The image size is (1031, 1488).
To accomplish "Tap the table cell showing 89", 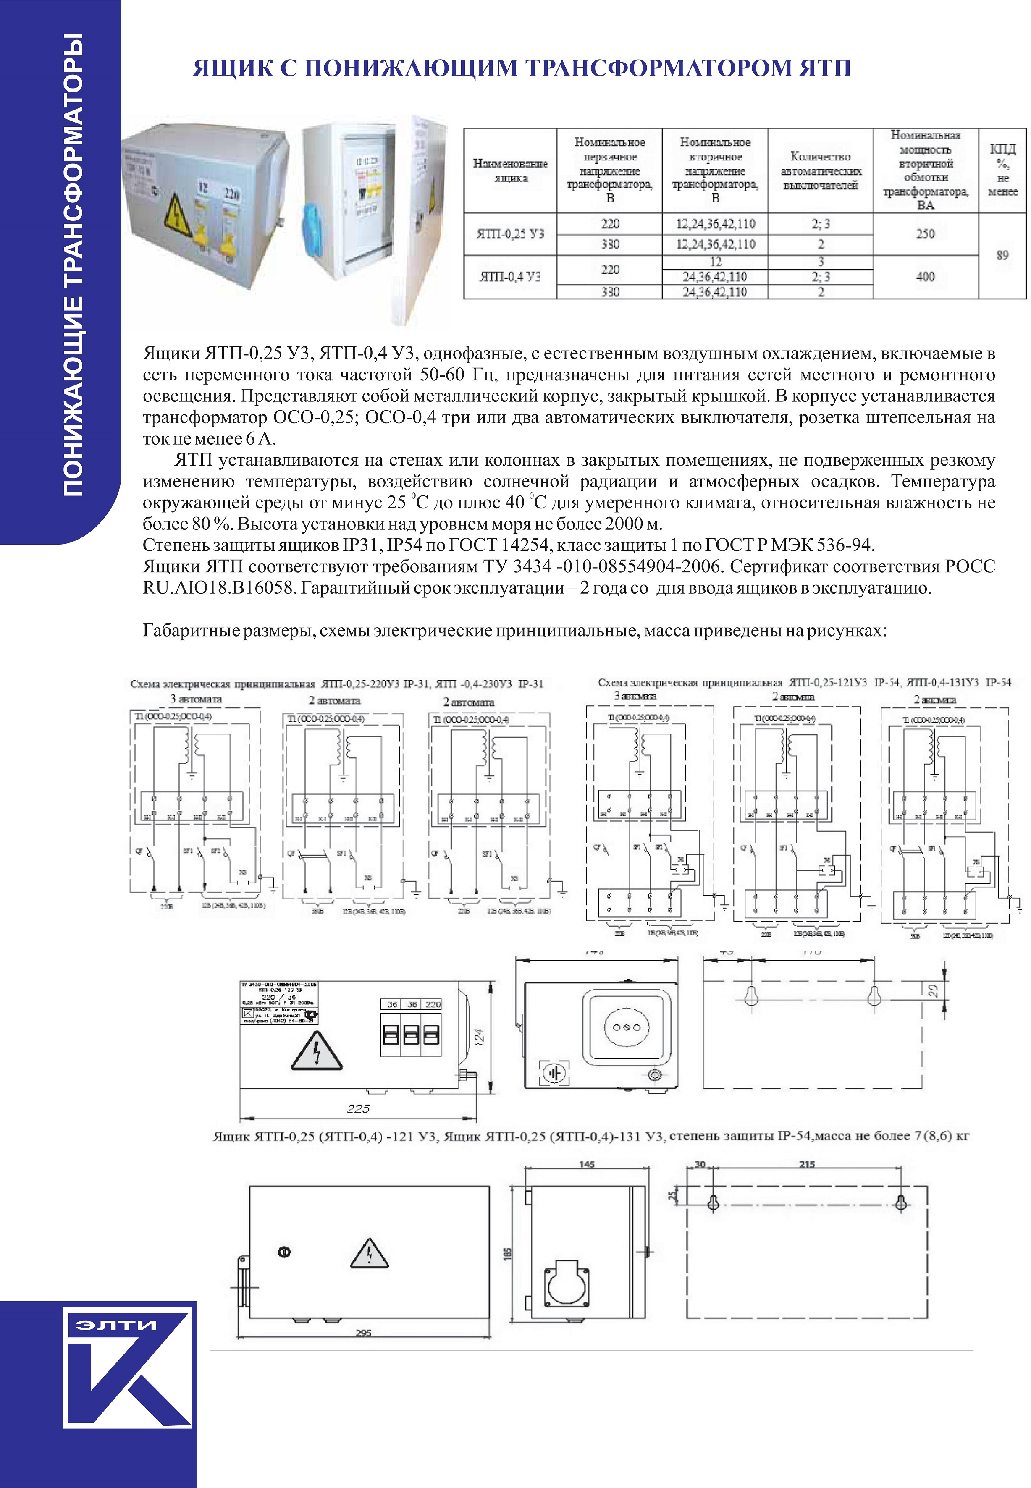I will click(x=1002, y=255).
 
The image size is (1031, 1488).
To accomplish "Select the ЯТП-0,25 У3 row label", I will click(x=510, y=234).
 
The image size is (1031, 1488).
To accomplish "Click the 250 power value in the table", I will click(x=925, y=234).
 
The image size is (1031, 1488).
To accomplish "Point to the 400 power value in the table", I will click(x=925, y=276).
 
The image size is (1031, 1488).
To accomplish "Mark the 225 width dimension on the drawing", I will click(x=358, y=1109).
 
